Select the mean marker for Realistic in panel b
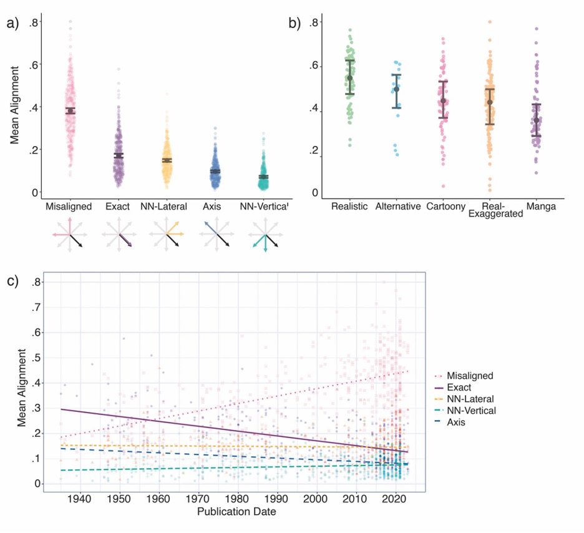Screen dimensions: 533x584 tap(350, 77)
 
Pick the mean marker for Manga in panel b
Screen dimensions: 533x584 tap(536, 120)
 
